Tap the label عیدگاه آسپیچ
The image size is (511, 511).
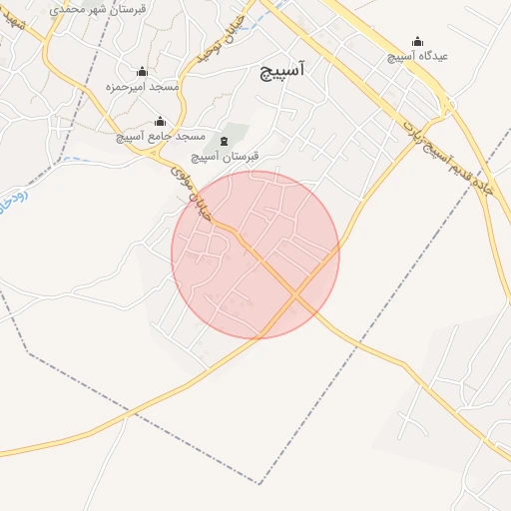point(418,56)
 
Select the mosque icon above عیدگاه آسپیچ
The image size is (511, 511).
point(417,42)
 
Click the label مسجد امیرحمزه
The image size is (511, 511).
point(142,87)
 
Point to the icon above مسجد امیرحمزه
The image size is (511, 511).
point(142,72)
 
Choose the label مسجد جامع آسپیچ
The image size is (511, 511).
point(161,136)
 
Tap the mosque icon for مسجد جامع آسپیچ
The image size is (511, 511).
point(160,122)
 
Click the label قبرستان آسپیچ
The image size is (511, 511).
point(226,156)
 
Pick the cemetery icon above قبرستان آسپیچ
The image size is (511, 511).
point(223,142)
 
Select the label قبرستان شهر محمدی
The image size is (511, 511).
point(97,7)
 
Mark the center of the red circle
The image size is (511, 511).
point(255,255)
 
